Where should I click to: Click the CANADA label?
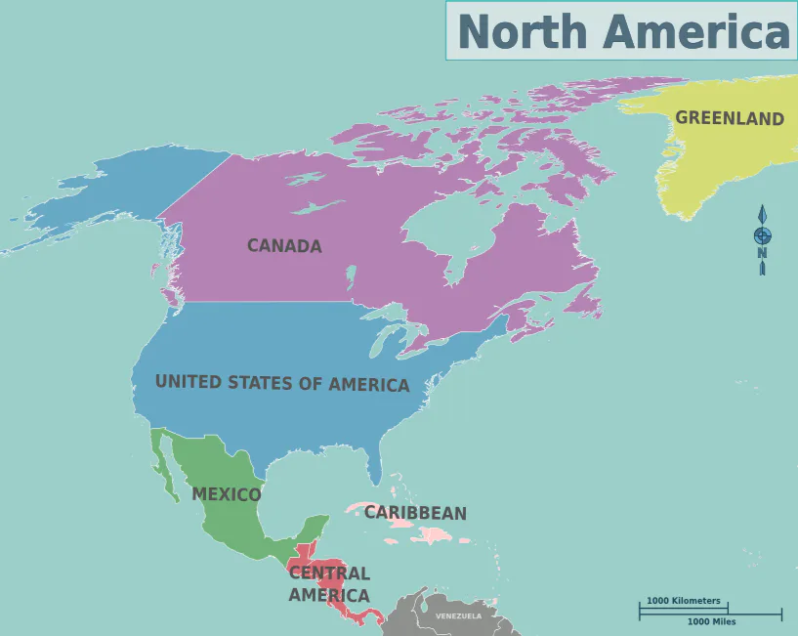(x=284, y=246)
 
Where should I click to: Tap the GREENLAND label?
(x=730, y=118)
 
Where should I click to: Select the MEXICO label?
(x=227, y=494)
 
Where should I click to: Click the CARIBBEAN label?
(x=415, y=513)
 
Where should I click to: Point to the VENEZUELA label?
(x=458, y=616)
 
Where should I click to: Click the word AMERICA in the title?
(x=694, y=32)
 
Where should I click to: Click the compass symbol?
(x=762, y=234)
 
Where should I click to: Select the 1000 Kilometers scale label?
(x=683, y=601)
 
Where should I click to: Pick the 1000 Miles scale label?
(x=711, y=622)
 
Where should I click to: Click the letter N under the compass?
(x=762, y=254)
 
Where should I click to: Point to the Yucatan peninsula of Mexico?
(x=315, y=528)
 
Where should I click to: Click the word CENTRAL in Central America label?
(x=329, y=573)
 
